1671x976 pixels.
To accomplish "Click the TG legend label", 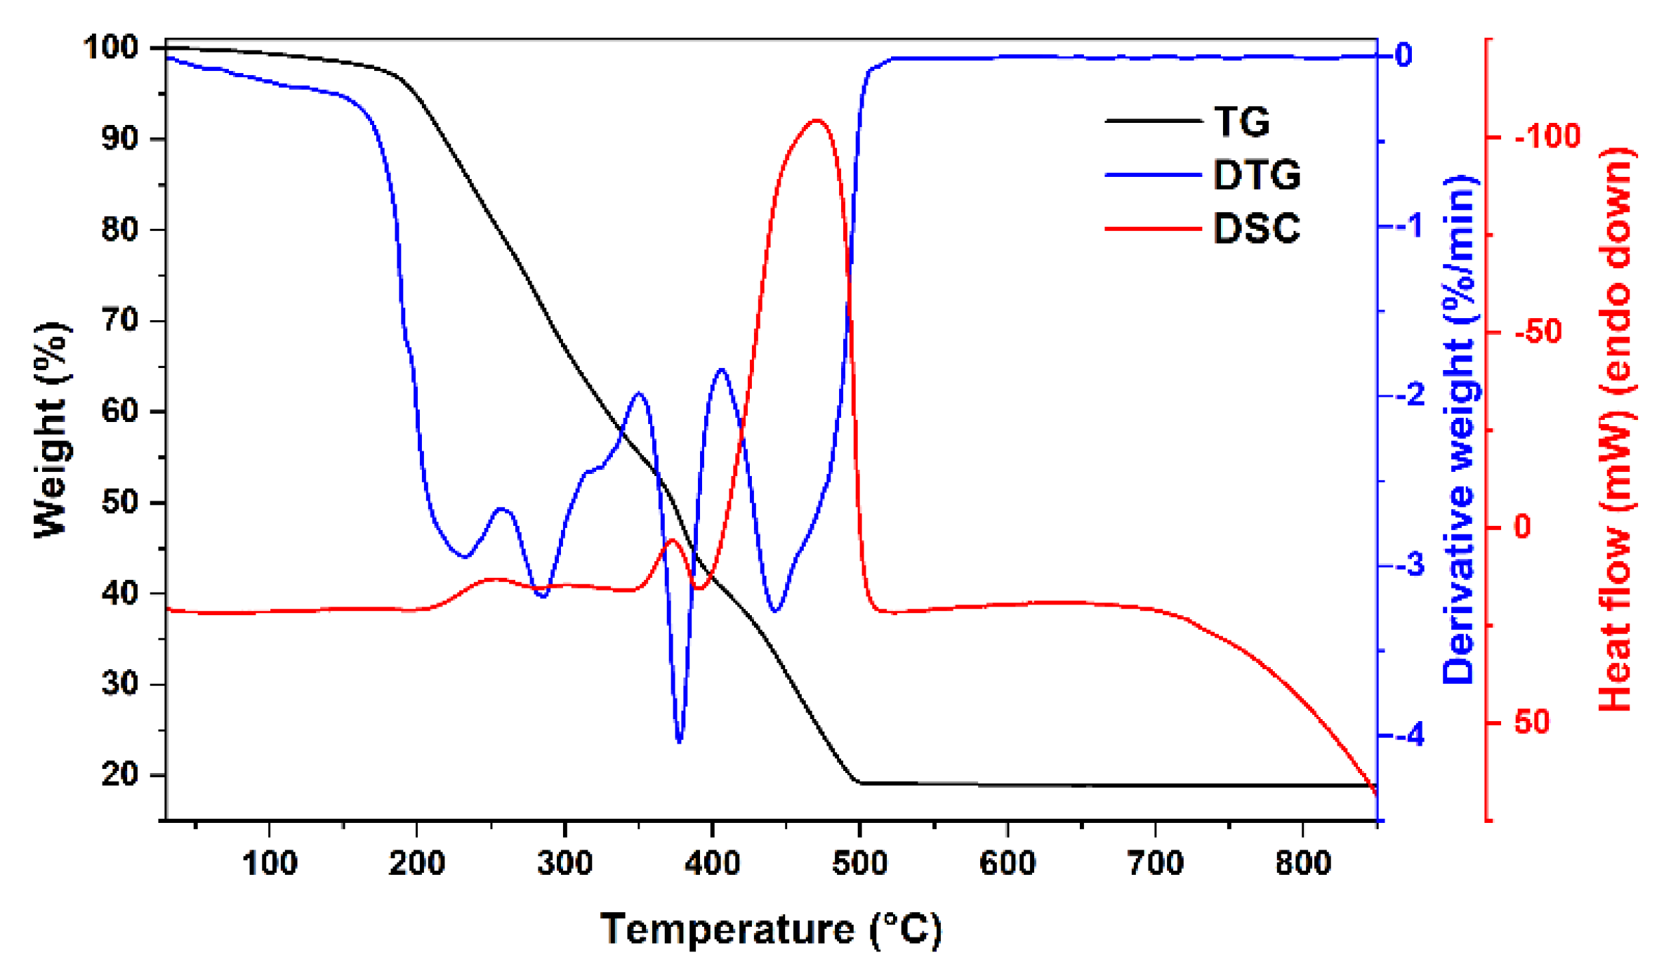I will coord(1241,121).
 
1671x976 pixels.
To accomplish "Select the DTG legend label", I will coord(1257,175).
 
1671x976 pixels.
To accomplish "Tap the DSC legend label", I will coord(1257,228).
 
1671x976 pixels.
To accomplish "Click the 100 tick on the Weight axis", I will coord(111,48).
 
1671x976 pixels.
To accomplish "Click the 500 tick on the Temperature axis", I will coord(860,863).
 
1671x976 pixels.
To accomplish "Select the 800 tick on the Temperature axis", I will coord(1303,863).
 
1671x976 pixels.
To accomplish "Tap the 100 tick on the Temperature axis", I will coord(270,863).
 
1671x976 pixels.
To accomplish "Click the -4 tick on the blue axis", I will coord(1408,736).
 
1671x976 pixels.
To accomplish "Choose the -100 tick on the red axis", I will coord(1547,136).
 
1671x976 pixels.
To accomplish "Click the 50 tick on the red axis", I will coord(1532,723).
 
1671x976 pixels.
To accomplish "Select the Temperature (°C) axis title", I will coord(770,930).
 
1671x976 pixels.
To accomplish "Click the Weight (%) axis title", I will coord(52,430).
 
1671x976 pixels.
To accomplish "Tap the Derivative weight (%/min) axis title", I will coord(1460,430).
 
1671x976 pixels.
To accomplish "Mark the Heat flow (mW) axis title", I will coord(1616,430).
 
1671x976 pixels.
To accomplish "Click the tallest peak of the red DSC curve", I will coord(816,120).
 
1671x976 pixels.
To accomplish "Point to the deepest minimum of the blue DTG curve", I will coord(679,741).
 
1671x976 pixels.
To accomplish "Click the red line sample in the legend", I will coord(1153,228).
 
